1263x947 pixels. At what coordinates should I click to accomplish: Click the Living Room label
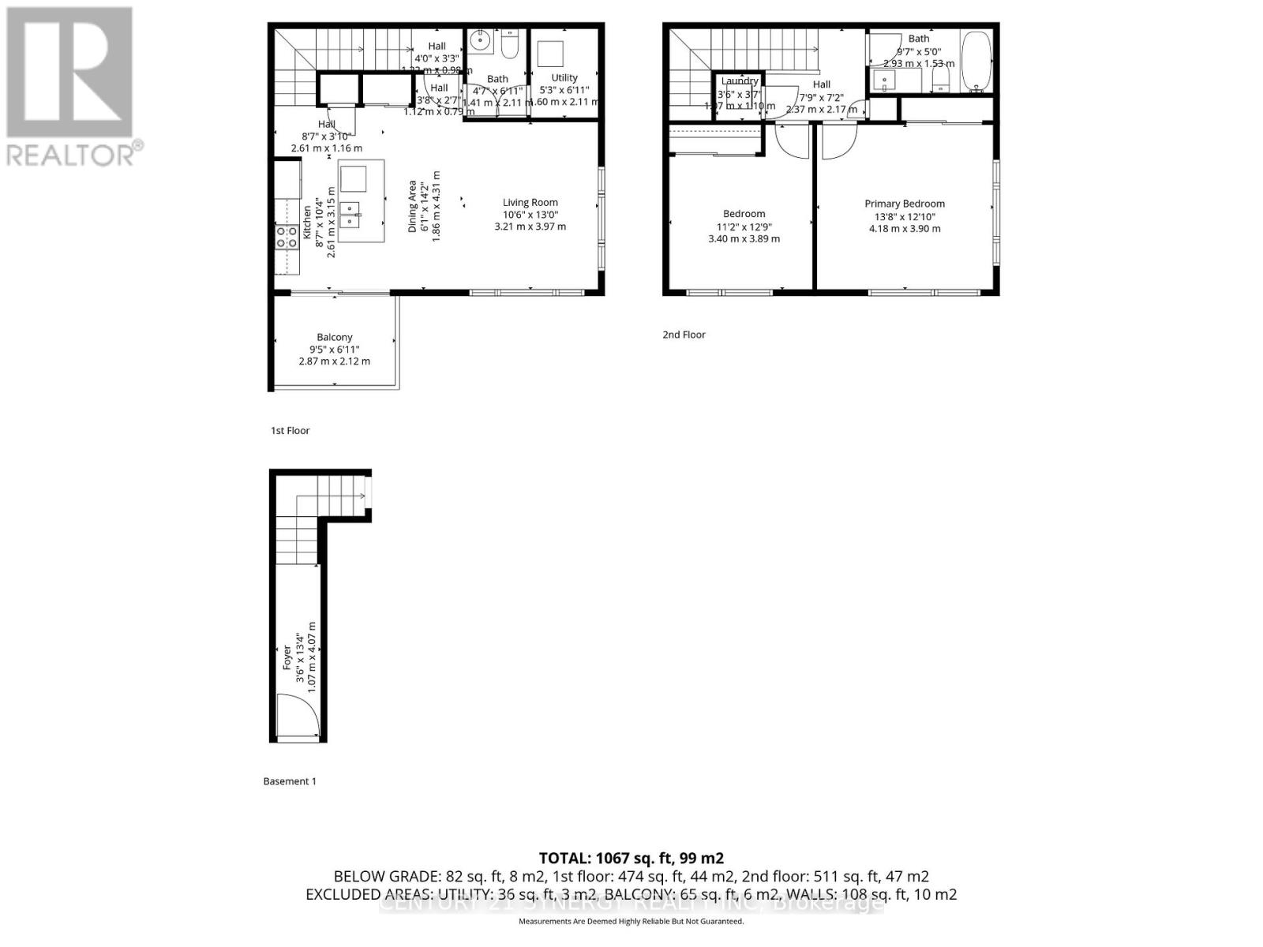click(x=530, y=203)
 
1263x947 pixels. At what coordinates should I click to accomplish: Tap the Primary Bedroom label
click(x=904, y=204)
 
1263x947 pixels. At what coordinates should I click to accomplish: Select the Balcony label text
click(x=334, y=337)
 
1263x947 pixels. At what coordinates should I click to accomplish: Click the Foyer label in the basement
click(x=287, y=658)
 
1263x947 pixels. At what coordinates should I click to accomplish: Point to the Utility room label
click(x=564, y=78)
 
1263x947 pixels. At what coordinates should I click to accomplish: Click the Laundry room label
click(x=740, y=81)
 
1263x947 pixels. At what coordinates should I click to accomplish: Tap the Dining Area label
click(x=412, y=207)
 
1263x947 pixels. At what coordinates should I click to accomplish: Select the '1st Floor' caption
click(x=290, y=431)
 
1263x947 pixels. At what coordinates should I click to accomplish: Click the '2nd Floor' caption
click(x=684, y=335)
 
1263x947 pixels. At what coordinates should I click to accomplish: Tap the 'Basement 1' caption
click(x=289, y=781)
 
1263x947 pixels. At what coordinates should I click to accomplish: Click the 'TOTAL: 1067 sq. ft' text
click(x=631, y=858)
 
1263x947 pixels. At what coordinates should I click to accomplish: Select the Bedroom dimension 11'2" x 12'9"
click(x=744, y=226)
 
